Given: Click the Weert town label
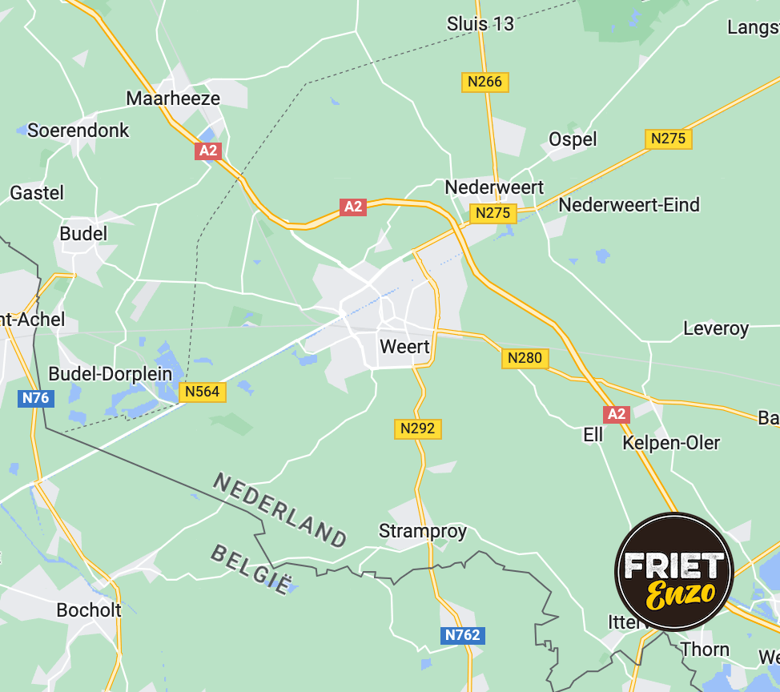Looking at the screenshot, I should tap(404, 348).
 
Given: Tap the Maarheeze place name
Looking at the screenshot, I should tap(173, 98).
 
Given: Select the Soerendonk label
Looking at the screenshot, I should tap(78, 130).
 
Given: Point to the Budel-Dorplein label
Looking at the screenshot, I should tap(111, 374).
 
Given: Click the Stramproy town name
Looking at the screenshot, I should tap(422, 531).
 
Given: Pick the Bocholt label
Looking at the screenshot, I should tap(89, 610).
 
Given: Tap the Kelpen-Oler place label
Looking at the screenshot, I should tap(671, 443).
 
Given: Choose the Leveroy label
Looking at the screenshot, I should tap(716, 328).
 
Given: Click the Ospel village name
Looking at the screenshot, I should tap(573, 139).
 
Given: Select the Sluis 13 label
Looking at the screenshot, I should tap(480, 24).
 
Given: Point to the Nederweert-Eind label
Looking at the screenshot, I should tap(629, 205).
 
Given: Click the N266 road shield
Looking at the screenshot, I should tap(485, 82).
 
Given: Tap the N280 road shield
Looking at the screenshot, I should tap(525, 358).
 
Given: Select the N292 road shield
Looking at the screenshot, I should tap(418, 428).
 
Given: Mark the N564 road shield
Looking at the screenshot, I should tap(203, 392).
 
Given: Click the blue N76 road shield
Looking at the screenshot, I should tap(35, 398).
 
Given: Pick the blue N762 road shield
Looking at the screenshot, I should tap(463, 635).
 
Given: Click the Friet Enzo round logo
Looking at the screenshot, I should tap(673, 572).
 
